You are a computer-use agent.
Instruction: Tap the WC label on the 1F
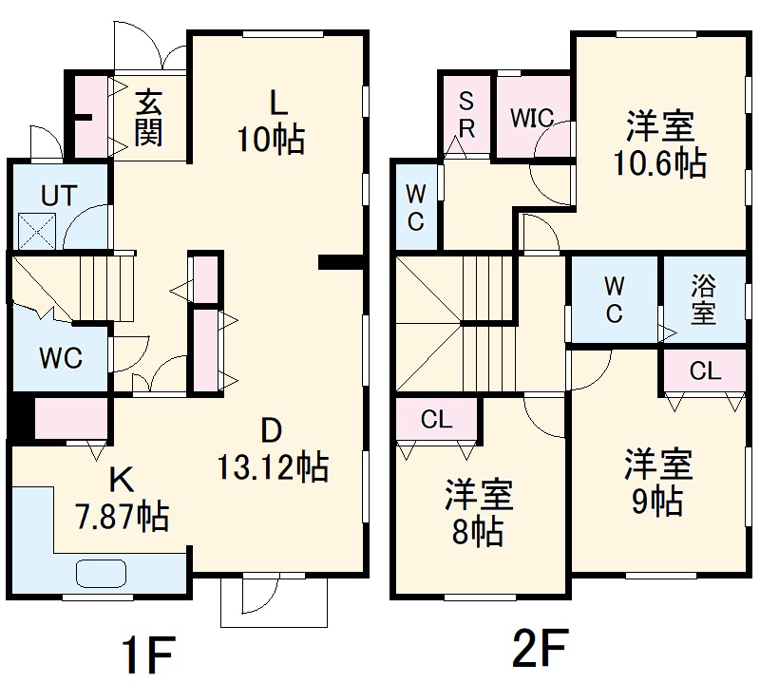click(x=60, y=358)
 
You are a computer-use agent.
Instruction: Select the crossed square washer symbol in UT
click(x=38, y=230)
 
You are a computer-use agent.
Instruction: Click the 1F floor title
click(x=149, y=653)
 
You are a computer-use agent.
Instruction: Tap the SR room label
click(x=467, y=114)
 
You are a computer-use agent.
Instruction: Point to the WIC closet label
click(x=531, y=118)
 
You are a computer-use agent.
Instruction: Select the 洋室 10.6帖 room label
click(x=659, y=144)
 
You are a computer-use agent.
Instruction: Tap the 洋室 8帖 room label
click(x=480, y=513)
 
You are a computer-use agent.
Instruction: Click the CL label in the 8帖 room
click(x=436, y=420)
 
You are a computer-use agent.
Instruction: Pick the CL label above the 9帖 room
click(x=705, y=371)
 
